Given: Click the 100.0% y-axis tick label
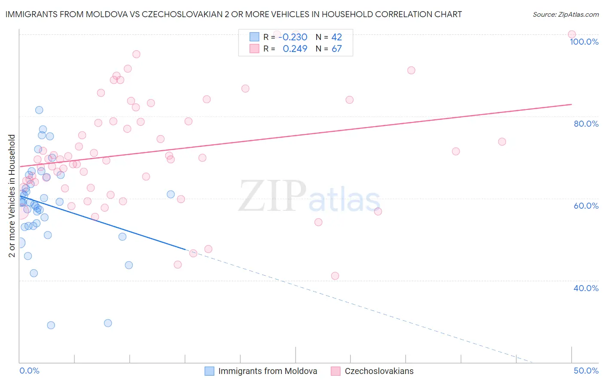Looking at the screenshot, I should point(584,42).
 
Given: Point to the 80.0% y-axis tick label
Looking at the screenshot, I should point(586,124).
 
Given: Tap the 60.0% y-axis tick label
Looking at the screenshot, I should point(586,206).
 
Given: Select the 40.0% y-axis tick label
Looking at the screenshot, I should point(586,288).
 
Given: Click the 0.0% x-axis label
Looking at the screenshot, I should point(29,371).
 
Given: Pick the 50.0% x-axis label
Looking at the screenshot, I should point(586,371).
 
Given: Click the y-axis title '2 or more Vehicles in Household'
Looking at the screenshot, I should point(12,196).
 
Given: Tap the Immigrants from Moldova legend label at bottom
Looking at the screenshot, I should point(268,371).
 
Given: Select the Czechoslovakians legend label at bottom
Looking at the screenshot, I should point(379,371).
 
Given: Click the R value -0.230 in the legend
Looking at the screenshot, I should point(293,37).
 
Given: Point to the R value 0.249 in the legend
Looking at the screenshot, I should point(295,49).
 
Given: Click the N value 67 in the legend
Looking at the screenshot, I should point(336,49).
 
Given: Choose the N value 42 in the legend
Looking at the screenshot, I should point(336,37).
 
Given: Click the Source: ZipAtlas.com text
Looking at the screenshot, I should point(565,15).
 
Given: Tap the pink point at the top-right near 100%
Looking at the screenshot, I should point(571,34).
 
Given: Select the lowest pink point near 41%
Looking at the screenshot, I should point(335,276).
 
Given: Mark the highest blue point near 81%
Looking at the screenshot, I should point(39,110).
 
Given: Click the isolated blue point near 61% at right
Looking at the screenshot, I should point(171,194).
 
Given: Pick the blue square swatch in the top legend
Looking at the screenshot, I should point(254,37).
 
